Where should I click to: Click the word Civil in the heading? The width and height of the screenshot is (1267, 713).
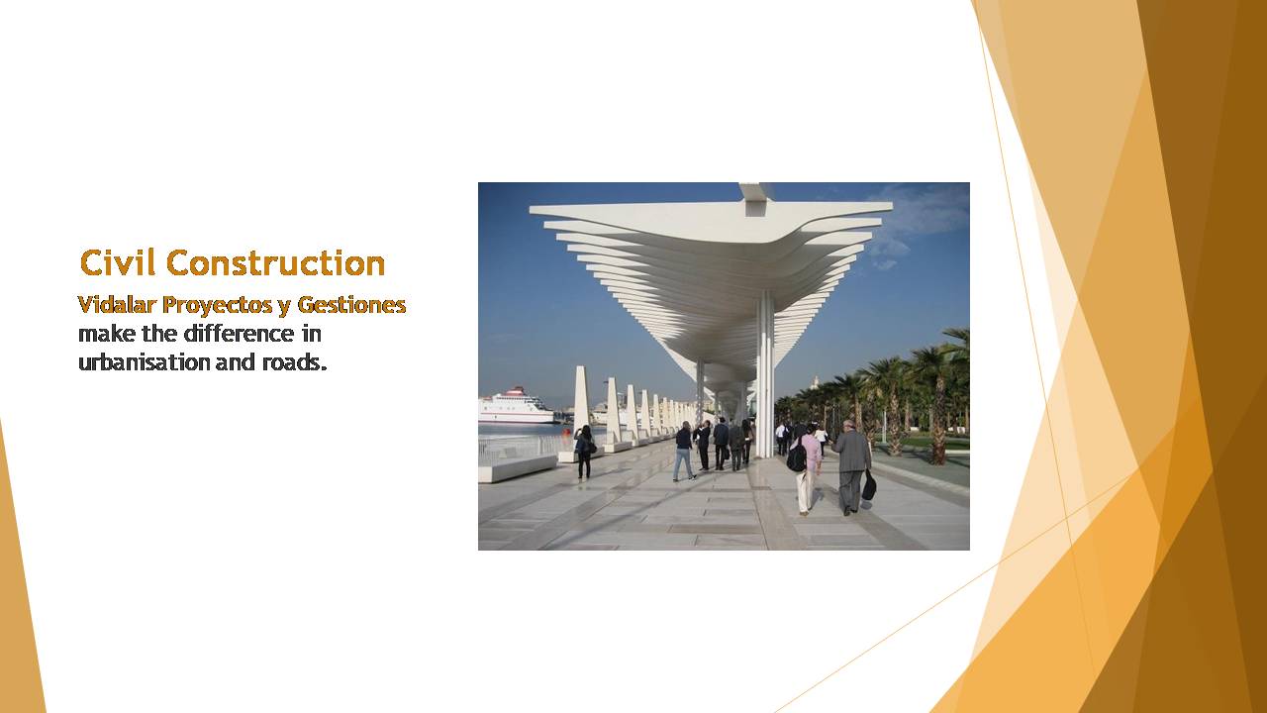point(118,263)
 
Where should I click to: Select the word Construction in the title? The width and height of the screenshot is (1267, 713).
point(275,263)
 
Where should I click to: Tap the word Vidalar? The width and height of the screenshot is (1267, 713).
point(117,304)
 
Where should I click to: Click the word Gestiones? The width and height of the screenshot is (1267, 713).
point(351,304)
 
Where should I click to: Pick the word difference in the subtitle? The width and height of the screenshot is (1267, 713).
point(240,334)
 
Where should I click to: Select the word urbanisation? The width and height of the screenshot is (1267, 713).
point(144,362)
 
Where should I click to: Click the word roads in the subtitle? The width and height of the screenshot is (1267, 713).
point(295,362)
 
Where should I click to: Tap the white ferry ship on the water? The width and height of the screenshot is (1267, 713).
point(516,406)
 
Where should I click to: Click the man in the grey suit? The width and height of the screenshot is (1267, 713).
point(851,467)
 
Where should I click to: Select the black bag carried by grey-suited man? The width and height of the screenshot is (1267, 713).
point(869,486)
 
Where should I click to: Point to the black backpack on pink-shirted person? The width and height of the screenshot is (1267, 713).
point(797,457)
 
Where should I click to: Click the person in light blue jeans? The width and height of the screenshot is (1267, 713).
point(684,451)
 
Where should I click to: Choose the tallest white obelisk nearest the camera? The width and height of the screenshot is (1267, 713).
point(581,409)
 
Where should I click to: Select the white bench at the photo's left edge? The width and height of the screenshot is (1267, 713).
point(517,469)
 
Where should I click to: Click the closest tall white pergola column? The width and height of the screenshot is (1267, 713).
point(765,373)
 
